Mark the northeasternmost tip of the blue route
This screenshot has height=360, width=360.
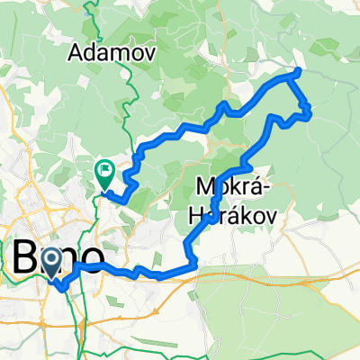(298, 70)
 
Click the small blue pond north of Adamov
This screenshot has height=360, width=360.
(87, 12)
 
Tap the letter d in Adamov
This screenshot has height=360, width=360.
(94, 52)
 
